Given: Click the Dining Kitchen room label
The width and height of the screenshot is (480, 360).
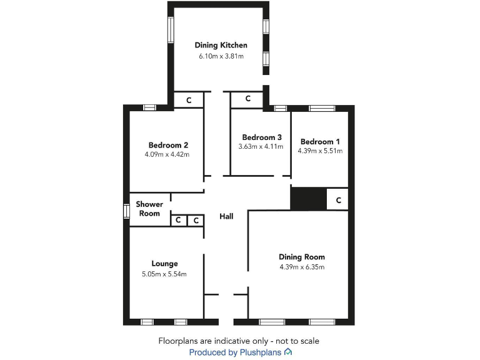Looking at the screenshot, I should coord(221,45).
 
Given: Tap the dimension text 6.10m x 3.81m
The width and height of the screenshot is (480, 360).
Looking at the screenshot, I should coord(221,56).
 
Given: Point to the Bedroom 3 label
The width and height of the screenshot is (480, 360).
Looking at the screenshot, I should coord(262,137).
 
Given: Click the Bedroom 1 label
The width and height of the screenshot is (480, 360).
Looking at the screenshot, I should coord(321,141).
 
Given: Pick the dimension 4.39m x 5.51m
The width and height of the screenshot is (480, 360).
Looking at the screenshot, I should coord(321,151).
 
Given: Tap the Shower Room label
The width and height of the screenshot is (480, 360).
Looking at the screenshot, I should coord(149,209).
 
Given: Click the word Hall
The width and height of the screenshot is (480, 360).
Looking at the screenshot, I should coord(226,216).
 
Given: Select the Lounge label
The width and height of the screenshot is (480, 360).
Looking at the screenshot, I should coord(164,264).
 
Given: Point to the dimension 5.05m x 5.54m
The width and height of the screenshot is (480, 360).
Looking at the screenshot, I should coord(164,274).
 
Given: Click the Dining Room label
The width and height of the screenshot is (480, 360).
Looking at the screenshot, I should coord(302,257).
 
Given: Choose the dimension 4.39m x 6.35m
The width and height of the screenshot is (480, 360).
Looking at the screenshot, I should coord(302,267).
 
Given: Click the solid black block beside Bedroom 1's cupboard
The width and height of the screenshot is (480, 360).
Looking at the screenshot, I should coord(309,199).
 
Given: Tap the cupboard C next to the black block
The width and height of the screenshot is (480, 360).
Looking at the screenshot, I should coord(338,200).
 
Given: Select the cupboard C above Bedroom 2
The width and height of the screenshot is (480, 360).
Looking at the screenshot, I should coord(188,100).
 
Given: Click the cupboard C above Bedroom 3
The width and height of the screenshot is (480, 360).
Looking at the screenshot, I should coord(247,99).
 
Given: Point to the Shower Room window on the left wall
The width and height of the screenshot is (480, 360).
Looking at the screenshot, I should coord(126,211).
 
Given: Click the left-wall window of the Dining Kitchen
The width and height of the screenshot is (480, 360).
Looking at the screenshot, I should coord(170,30).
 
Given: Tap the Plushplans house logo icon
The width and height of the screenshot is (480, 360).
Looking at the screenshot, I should coord(287,352).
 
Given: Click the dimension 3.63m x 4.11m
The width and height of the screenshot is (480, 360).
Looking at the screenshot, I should coord(261,147).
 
